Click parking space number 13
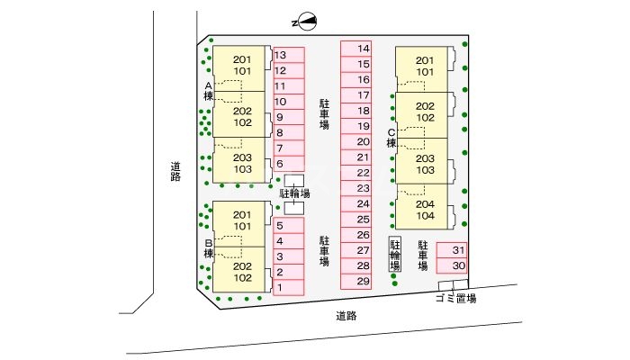pyautogui.click(x=289, y=55)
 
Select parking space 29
pyautogui.click(x=356, y=281)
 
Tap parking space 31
pyautogui.click(x=452, y=250)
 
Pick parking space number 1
pyautogui.click(x=289, y=288)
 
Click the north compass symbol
pyautogui.click(x=304, y=22)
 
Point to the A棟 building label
pyautogui.click(x=208, y=91)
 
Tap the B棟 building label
pyautogui.click(x=208, y=248)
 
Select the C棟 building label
pyautogui.click(x=391, y=138)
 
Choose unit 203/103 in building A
pyautogui.click(x=239, y=161)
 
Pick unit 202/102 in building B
pyautogui.click(x=239, y=270)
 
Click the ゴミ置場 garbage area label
pyautogui.click(x=456, y=299)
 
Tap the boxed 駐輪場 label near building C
pyautogui.click(x=395, y=255)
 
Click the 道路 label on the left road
pyautogui.click(x=175, y=172)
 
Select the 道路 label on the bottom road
pyautogui.click(x=346, y=316)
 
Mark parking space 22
pyautogui.click(x=356, y=173)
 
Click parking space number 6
pyautogui.click(x=289, y=164)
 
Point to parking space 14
pyautogui.click(x=356, y=49)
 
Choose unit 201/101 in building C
pyautogui.click(x=422, y=69)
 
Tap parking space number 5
pyautogui.click(x=289, y=226)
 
